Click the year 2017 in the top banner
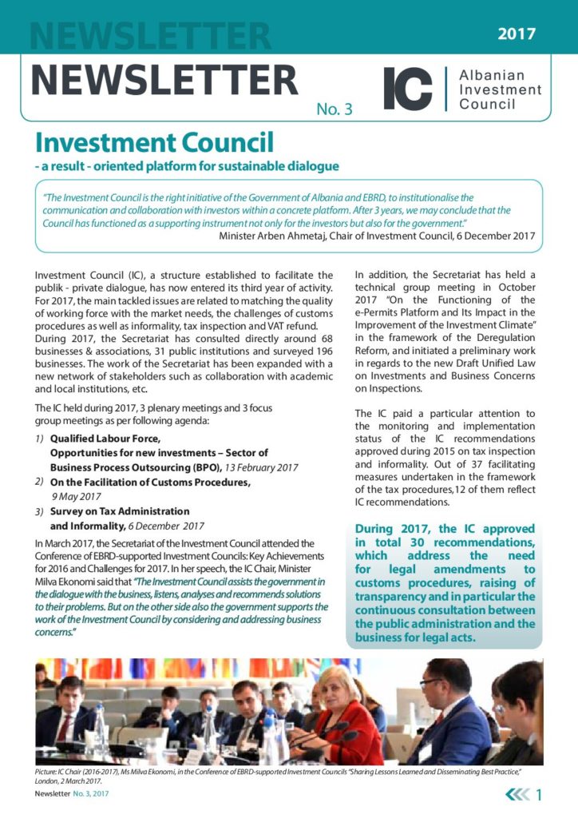click(517, 34)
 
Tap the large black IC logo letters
click(407, 89)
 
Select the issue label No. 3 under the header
click(334, 110)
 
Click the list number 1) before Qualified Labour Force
click(40, 439)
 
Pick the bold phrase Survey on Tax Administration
click(120, 511)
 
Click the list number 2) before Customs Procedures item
click(39, 482)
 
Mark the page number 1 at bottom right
click(540, 795)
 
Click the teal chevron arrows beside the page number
click(518, 795)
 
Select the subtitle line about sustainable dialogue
click(187, 166)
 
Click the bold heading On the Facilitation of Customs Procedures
click(149, 482)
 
